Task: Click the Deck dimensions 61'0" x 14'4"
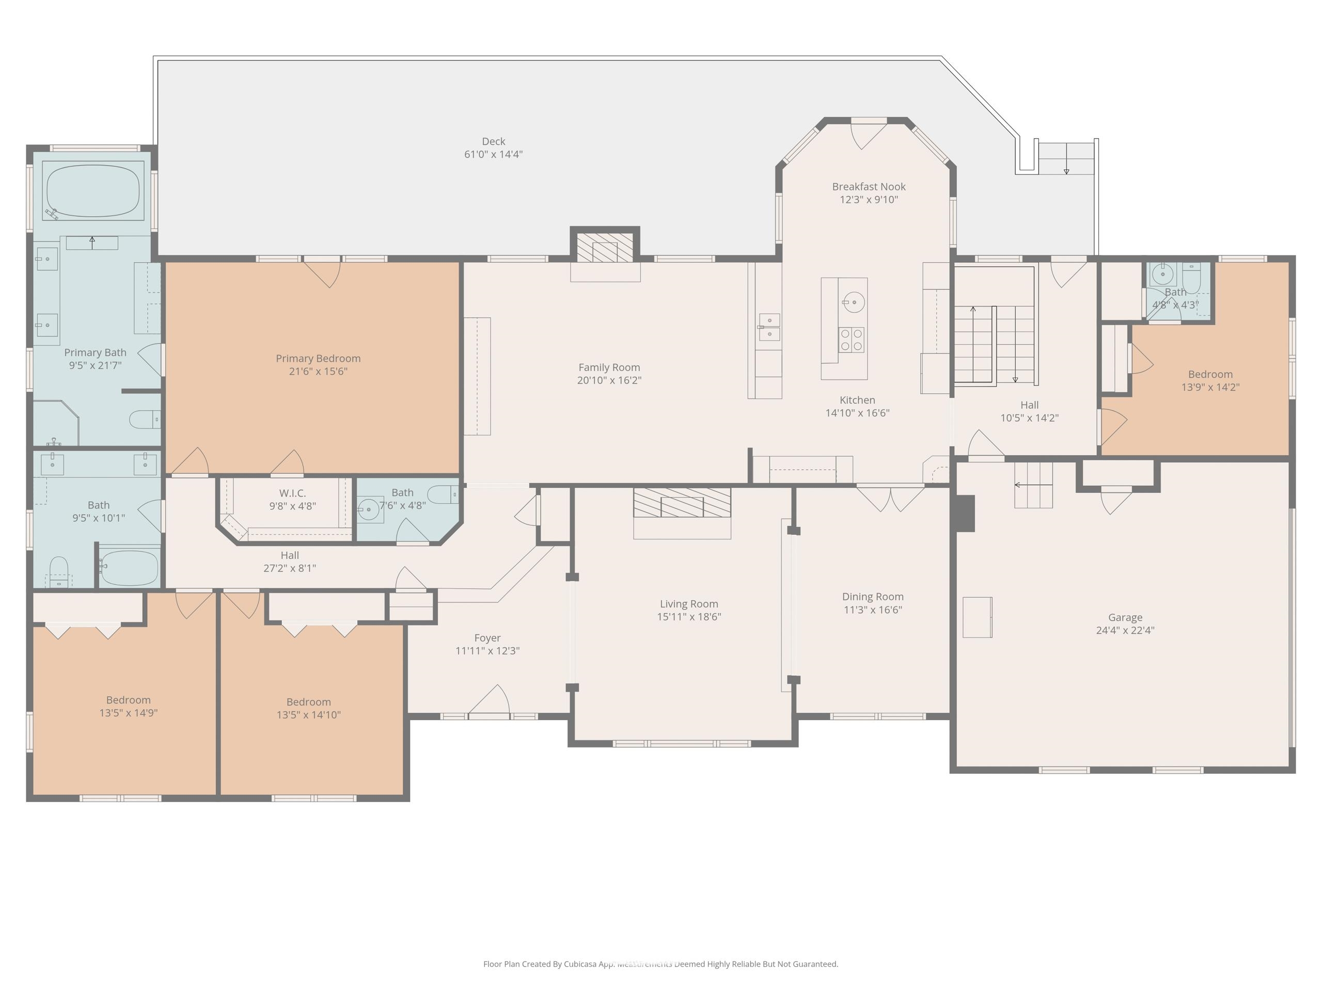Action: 493,154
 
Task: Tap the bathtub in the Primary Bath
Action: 93,190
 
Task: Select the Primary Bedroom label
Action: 318,358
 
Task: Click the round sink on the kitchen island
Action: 854,302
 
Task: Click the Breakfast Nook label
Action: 869,187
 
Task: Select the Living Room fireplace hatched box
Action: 682,502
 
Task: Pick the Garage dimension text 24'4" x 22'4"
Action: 1125,630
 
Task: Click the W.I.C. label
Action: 292,493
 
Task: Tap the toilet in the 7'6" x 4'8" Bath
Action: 443,494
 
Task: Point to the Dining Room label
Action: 873,597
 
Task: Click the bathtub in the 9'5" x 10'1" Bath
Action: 130,567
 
